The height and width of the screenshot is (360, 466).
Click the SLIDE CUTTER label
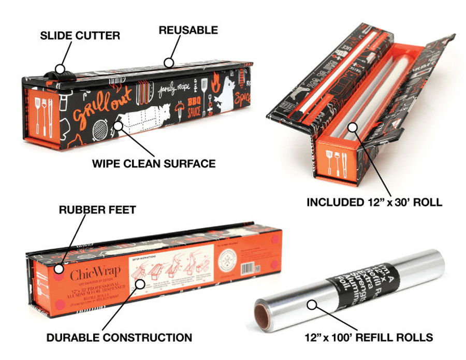pyautogui.click(x=80, y=36)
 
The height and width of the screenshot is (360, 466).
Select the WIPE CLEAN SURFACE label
pyautogui.click(x=154, y=164)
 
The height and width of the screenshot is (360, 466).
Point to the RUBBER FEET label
pyautogui.click(x=97, y=210)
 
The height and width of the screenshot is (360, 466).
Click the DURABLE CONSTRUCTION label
pyautogui.click(x=119, y=337)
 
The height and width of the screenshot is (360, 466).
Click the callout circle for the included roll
pyautogui.click(x=352, y=127)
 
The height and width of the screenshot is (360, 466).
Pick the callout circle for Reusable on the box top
pyautogui.click(x=168, y=63)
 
